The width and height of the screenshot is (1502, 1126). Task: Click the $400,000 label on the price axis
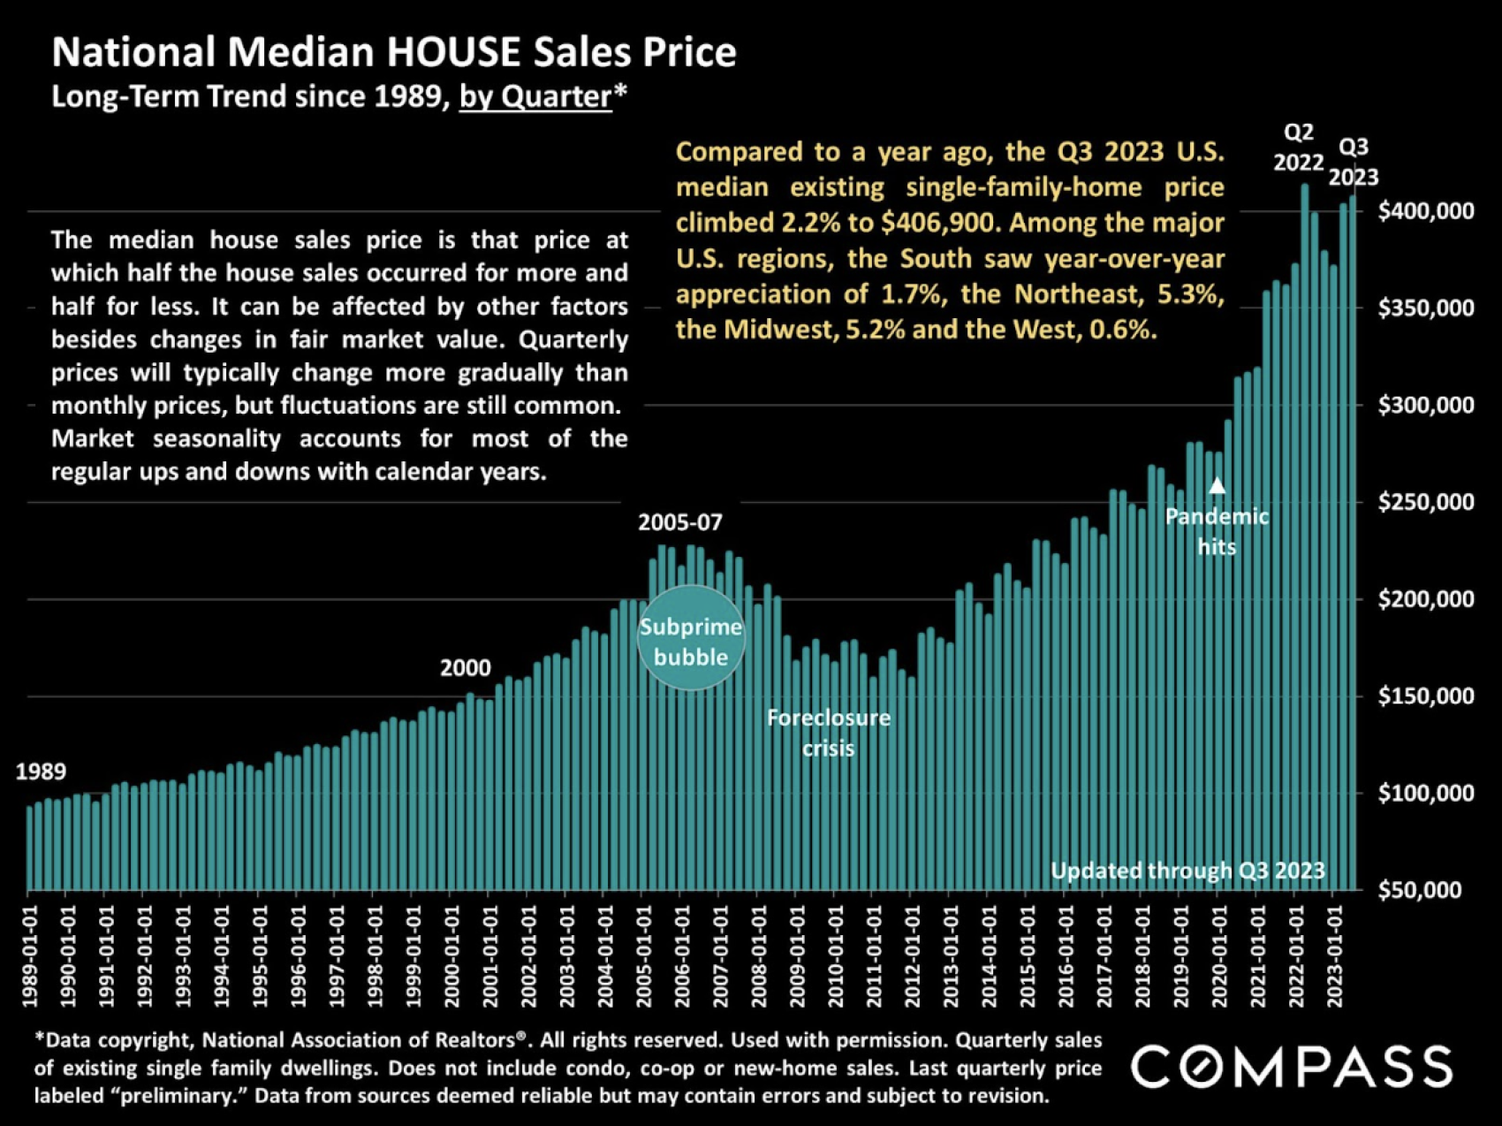click(1426, 211)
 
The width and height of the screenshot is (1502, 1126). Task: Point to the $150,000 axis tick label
click(1426, 696)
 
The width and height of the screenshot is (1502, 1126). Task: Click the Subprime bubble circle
click(691, 638)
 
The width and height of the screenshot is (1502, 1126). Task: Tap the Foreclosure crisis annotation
click(829, 733)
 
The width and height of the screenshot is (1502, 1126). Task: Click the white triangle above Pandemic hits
click(1217, 485)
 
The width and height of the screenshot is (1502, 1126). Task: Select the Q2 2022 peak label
click(1298, 148)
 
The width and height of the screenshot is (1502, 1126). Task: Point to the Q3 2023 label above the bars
click(1354, 162)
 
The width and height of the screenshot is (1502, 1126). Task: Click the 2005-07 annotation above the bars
click(680, 522)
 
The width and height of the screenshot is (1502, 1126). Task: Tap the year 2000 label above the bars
click(466, 668)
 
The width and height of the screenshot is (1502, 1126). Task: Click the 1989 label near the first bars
click(41, 772)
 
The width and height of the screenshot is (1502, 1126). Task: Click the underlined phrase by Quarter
click(535, 96)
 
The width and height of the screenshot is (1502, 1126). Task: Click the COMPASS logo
click(1292, 1066)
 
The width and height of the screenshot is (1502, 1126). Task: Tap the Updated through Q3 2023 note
click(1187, 871)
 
